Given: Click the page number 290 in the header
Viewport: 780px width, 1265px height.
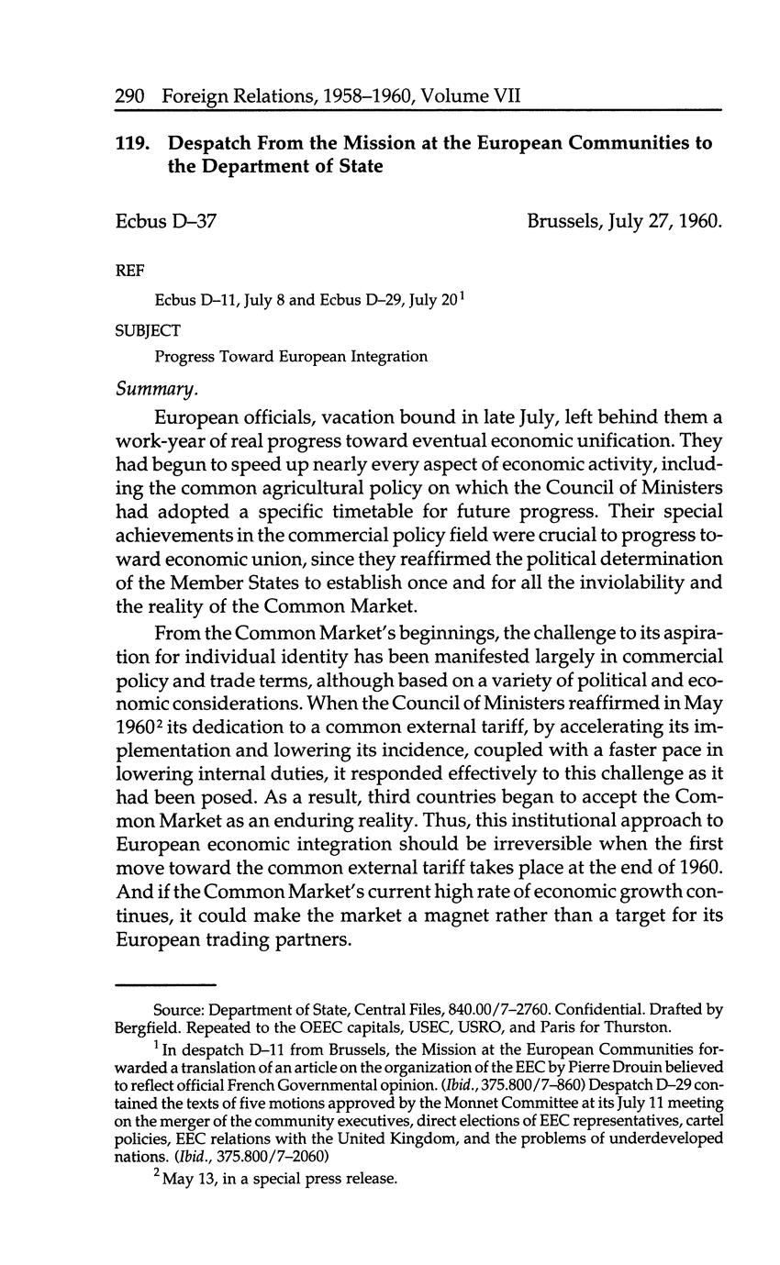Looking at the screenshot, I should point(131,94).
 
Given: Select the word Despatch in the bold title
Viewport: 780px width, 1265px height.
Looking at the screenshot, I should point(215,144).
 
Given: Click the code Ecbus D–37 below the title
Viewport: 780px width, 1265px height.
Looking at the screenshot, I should point(166,221).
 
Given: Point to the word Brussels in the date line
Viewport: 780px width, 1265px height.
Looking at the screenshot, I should point(563,221).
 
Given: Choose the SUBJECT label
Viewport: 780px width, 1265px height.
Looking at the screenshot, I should point(147,328).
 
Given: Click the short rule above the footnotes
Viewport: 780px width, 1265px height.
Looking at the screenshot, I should point(165,982).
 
